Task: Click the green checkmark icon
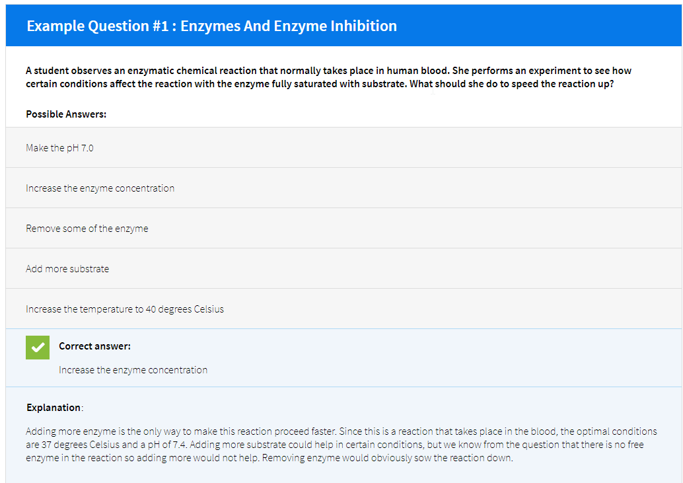point(38,348)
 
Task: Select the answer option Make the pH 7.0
point(59,148)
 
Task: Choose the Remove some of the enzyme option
point(87,229)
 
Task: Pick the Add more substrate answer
point(67,269)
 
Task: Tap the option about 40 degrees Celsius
point(125,309)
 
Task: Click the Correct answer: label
point(94,346)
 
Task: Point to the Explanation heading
point(54,407)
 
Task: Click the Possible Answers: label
point(66,114)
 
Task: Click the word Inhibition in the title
point(364,26)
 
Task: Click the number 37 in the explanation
point(48,444)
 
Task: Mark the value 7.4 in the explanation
point(180,444)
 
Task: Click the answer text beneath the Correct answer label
point(133,370)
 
